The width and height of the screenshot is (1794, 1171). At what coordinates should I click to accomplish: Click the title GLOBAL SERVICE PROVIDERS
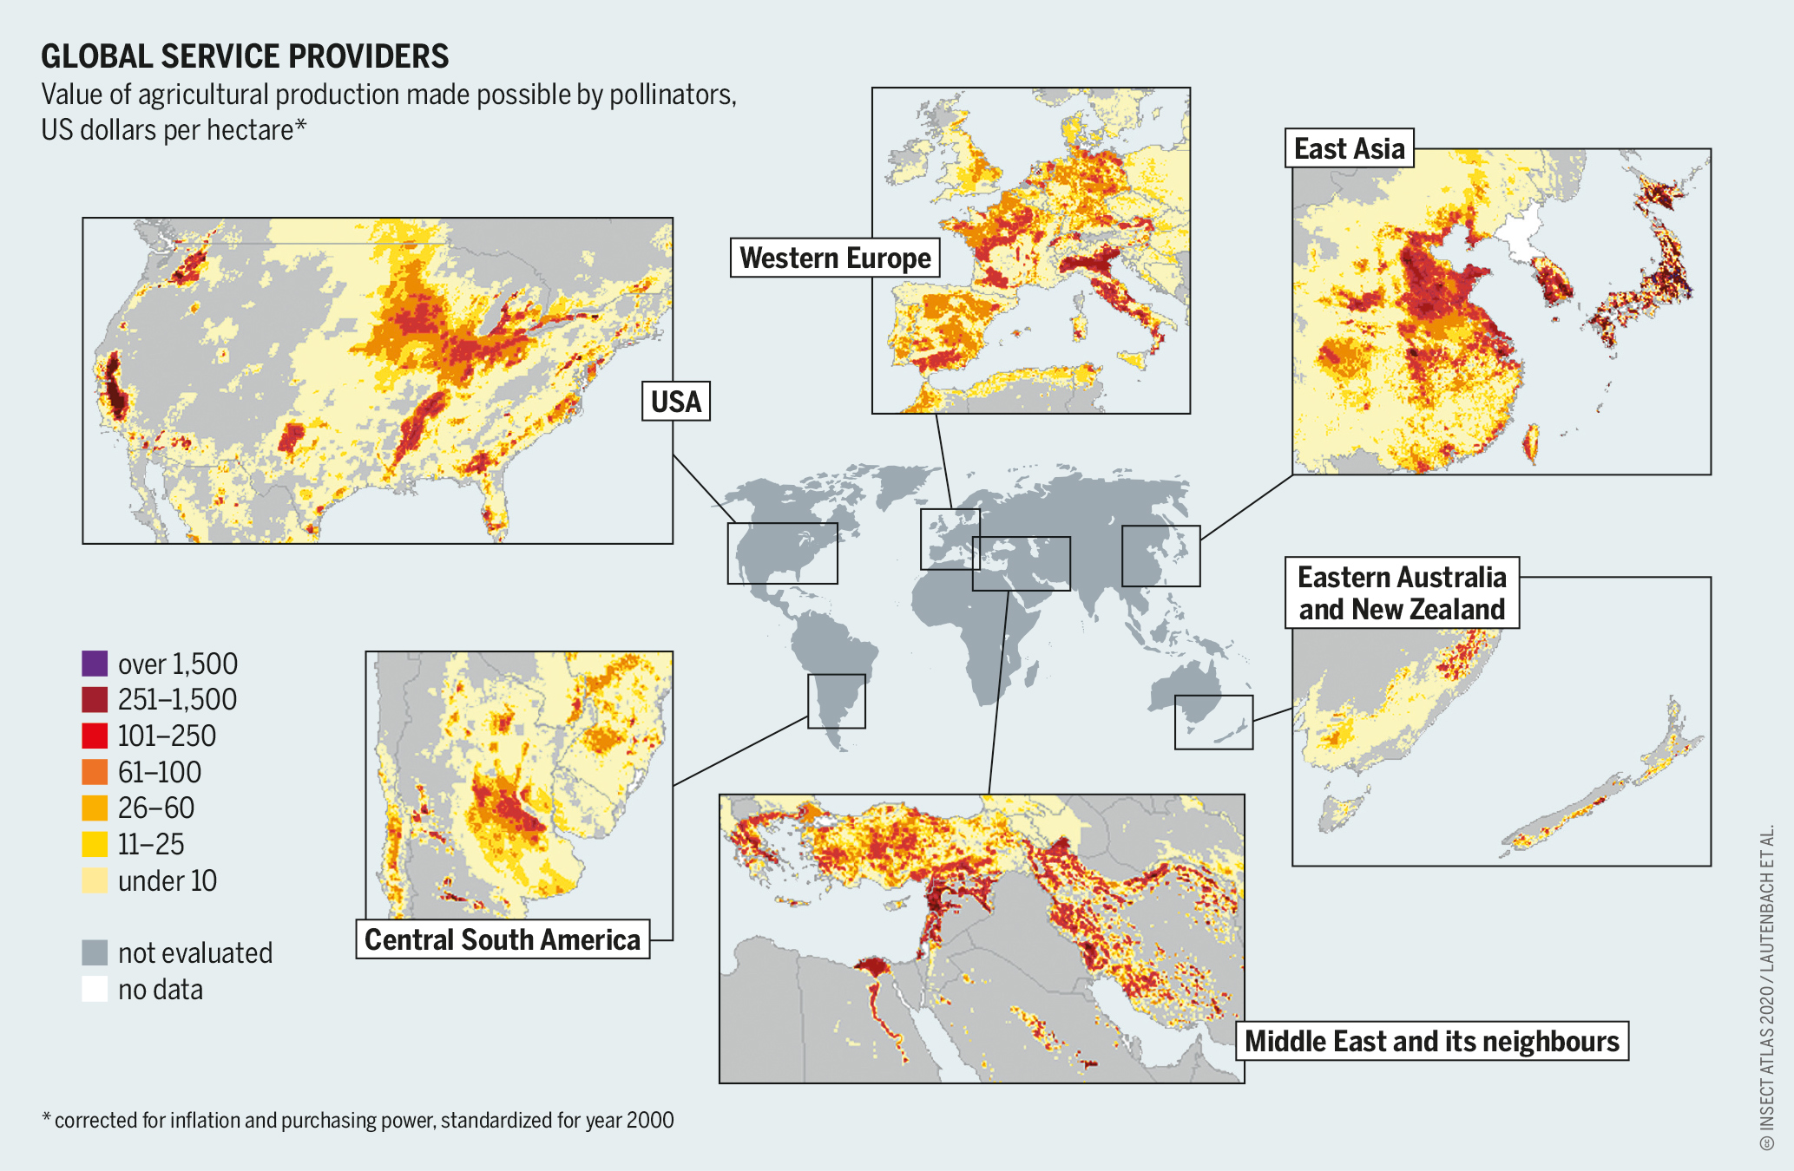pyautogui.click(x=245, y=56)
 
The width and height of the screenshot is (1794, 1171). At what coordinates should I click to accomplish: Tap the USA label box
pyautogui.click(x=675, y=402)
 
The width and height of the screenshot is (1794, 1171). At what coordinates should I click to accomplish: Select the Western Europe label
pyautogui.click(x=834, y=258)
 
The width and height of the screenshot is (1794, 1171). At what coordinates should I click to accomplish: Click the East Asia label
pyautogui.click(x=1349, y=148)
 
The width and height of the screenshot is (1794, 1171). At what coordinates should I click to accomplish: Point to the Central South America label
pyautogui.click(x=502, y=939)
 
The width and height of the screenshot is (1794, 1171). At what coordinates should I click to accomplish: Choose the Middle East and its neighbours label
pyautogui.click(x=1431, y=1041)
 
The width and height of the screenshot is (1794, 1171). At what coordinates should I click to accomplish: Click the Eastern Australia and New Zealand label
pyautogui.click(x=1401, y=592)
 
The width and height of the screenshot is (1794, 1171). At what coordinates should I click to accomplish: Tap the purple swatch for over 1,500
pyautogui.click(x=95, y=664)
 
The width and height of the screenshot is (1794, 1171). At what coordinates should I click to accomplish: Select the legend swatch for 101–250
pyautogui.click(x=95, y=736)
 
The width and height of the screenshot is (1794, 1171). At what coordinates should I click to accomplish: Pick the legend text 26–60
pyautogui.click(x=156, y=808)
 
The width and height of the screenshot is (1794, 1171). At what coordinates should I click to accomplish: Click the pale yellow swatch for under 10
pyautogui.click(x=95, y=880)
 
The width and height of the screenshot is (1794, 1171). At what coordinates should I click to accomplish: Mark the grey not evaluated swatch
pyautogui.click(x=95, y=952)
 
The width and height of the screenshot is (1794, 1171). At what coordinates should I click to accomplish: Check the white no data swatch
pyautogui.click(x=95, y=989)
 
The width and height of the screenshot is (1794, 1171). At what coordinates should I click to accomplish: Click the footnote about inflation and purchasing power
pyautogui.click(x=358, y=1120)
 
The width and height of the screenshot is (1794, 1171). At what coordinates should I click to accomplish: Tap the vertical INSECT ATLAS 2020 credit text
pyautogui.click(x=1766, y=989)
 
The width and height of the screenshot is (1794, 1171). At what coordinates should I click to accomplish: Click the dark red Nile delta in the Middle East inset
pyautogui.click(x=872, y=967)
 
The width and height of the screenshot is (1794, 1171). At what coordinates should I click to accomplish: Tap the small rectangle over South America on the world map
pyautogui.click(x=836, y=701)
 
